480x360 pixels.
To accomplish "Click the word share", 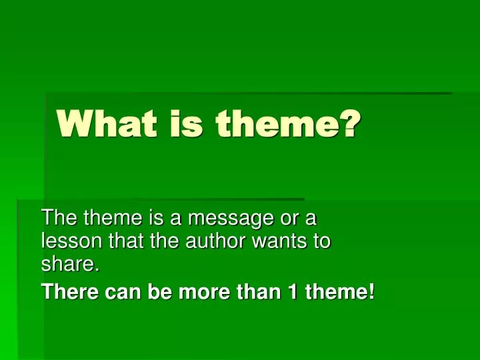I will (x=69, y=265).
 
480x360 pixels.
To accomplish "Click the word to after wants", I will (x=323, y=241).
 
